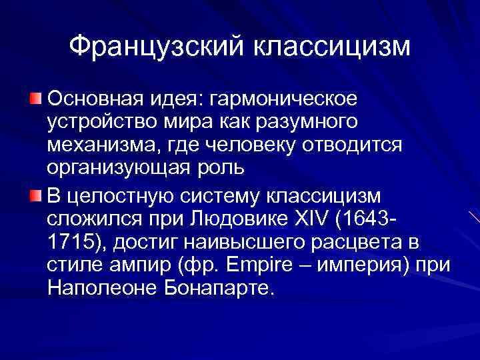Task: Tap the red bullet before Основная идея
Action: point(35,99)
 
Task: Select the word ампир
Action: point(143,265)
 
